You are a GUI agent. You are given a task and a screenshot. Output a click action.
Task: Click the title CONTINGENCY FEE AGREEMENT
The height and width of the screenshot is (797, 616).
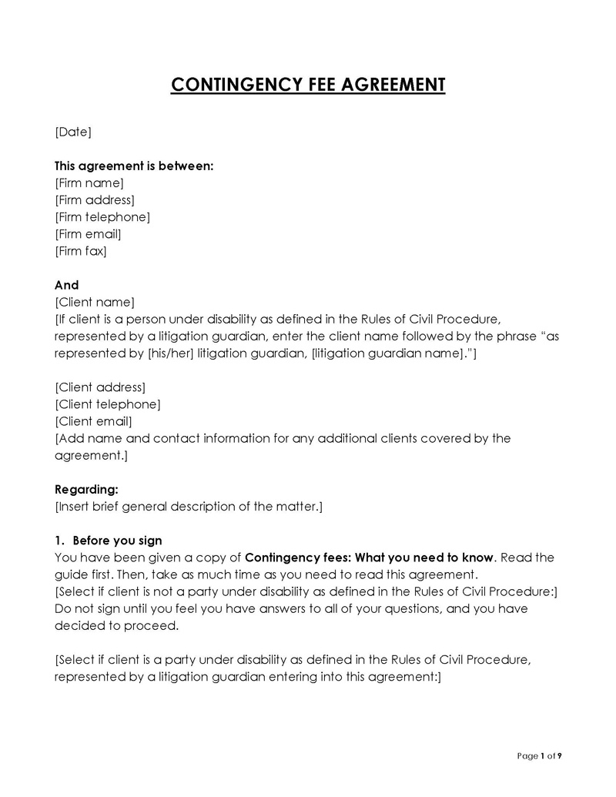click(308, 84)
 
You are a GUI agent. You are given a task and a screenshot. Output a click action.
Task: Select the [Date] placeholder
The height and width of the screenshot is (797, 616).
click(73, 132)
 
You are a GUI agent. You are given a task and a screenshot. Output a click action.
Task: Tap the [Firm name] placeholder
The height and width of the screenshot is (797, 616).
click(89, 183)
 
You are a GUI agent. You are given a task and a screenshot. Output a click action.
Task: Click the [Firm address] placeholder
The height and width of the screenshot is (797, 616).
click(95, 199)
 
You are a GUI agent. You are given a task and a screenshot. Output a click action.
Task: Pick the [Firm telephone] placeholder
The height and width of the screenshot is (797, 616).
click(102, 216)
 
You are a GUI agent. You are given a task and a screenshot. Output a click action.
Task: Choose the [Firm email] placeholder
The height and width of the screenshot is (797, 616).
click(88, 233)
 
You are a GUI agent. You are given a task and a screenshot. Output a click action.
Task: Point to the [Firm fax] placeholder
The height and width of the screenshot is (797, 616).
click(81, 250)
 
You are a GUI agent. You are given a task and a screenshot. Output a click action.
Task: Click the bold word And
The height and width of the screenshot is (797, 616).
click(66, 285)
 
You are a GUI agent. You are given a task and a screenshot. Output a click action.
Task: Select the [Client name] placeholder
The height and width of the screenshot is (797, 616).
click(95, 302)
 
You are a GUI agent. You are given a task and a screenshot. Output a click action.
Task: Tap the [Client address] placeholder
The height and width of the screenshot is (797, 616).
click(100, 387)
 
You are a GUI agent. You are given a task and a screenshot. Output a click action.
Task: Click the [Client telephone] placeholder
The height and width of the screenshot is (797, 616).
click(108, 404)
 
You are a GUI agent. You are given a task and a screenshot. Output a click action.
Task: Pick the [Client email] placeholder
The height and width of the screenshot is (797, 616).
click(94, 421)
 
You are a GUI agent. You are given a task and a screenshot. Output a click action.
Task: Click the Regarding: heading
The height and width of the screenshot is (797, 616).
click(87, 489)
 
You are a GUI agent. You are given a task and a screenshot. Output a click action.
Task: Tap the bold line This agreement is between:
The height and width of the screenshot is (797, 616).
click(134, 166)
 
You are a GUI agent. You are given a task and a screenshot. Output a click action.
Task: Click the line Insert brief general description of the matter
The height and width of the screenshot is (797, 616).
click(189, 506)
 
